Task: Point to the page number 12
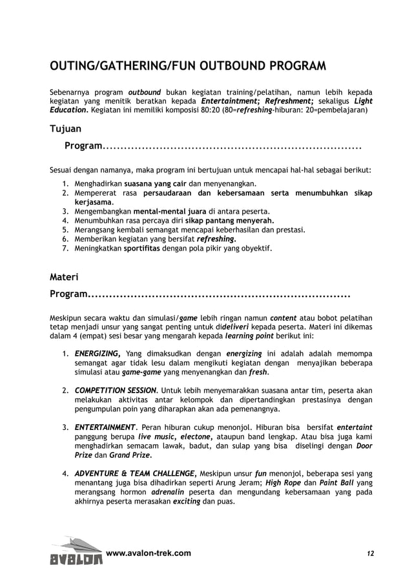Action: click(x=370, y=554)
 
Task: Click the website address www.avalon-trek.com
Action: click(x=148, y=553)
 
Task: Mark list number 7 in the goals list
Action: click(x=65, y=247)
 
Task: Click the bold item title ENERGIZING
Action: click(x=98, y=353)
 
